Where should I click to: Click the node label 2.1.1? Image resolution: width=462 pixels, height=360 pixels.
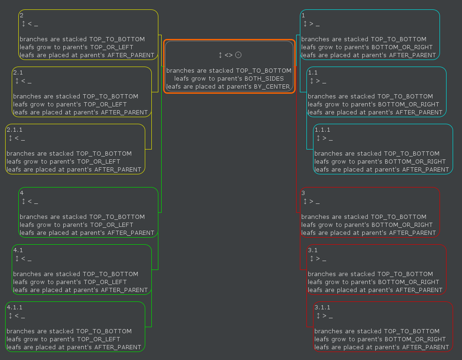[x=14, y=130]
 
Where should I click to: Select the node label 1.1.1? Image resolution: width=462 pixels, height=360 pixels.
[x=322, y=130]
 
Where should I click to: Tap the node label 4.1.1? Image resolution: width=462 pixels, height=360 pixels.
[x=14, y=307]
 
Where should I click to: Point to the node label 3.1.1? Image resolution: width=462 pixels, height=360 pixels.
[x=322, y=307]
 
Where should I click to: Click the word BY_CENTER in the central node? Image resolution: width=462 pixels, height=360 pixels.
[x=272, y=87]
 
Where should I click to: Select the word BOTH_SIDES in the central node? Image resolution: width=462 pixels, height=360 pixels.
[x=264, y=79]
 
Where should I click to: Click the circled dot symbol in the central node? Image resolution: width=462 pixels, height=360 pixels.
[x=238, y=55]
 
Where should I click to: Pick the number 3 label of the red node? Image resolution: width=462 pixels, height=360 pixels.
[x=303, y=193]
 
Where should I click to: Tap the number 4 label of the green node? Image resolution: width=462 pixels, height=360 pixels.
[x=22, y=193]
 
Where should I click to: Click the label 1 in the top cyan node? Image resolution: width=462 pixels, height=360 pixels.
[x=303, y=15]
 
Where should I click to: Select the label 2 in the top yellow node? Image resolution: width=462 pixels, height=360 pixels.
[x=22, y=15]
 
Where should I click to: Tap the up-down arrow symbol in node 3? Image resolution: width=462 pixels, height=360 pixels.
[x=305, y=202]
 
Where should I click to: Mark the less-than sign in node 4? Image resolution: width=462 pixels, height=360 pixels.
[x=30, y=202]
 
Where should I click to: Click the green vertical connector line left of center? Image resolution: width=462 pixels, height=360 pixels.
[x=162, y=141]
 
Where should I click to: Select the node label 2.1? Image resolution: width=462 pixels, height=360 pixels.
[x=18, y=73]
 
